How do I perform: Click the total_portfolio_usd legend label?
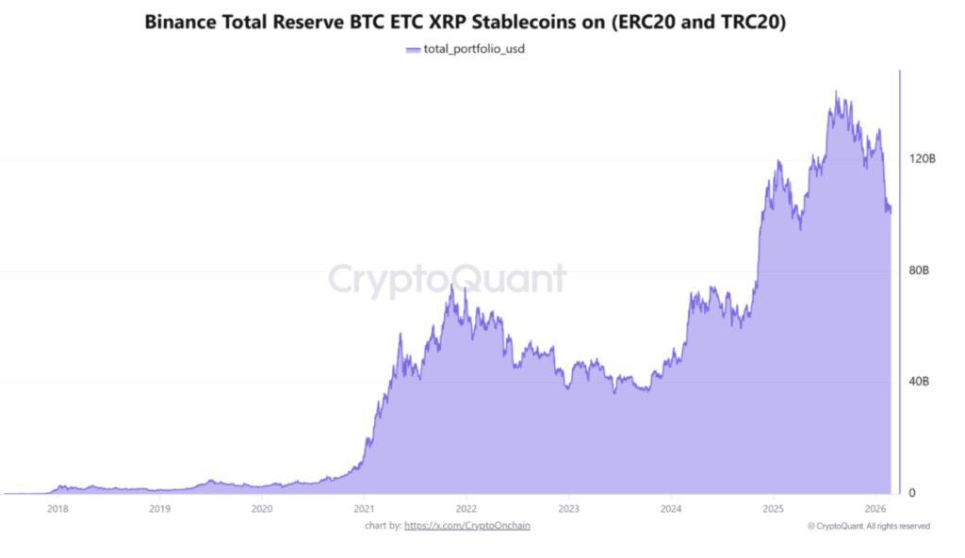(474, 49)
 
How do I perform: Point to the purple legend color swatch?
(411, 49)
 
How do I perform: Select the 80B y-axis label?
(918, 271)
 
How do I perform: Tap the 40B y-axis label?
(918, 382)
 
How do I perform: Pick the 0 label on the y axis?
(911, 493)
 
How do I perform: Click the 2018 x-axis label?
(57, 509)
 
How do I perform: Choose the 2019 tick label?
(159, 509)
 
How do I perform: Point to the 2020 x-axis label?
(262, 509)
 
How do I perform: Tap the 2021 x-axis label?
(364, 509)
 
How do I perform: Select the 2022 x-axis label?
(466, 509)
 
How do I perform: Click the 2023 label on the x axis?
(567, 509)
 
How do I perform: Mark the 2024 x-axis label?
(670, 509)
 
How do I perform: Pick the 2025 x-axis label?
(772, 509)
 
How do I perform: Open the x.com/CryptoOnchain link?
(466, 526)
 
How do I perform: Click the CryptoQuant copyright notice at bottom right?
(869, 526)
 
